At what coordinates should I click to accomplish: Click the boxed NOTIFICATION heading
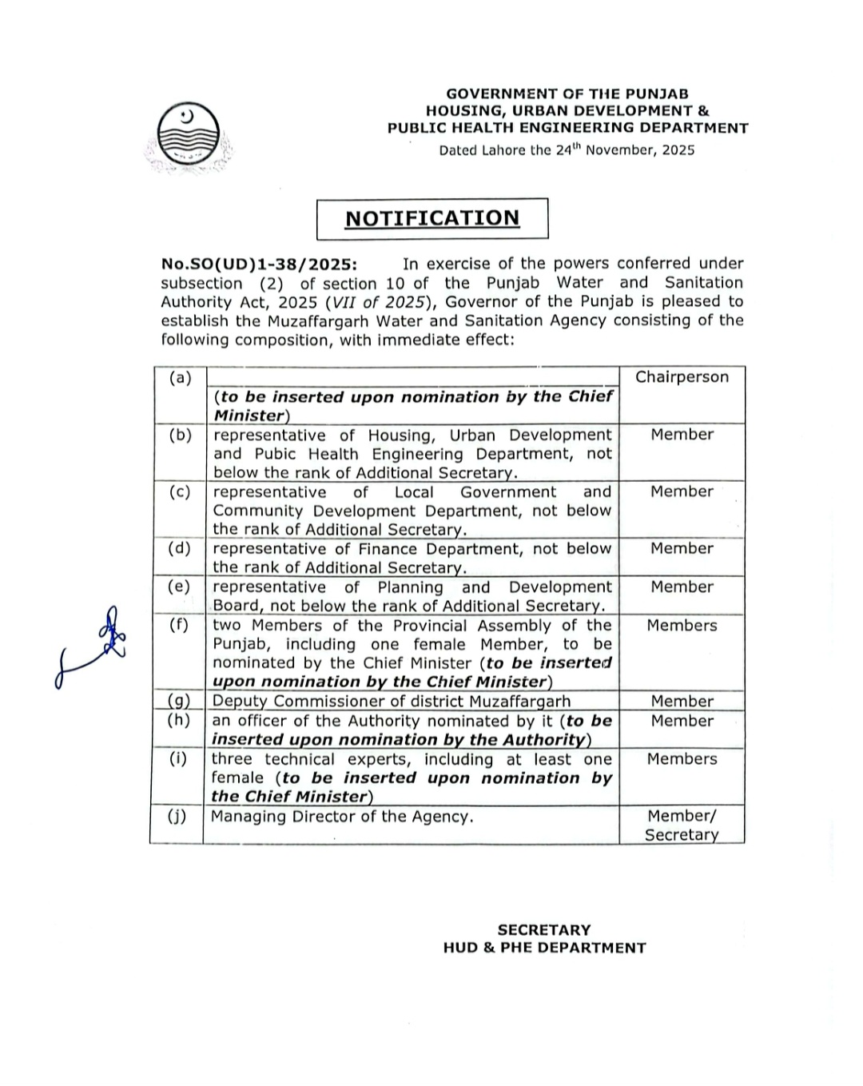pos(432,218)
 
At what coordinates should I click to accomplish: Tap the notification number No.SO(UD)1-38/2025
pos(259,265)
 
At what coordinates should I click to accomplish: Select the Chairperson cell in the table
pos(682,377)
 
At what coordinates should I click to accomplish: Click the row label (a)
pos(181,377)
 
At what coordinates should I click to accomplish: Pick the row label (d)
pos(180,548)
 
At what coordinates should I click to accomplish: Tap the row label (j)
pos(177,816)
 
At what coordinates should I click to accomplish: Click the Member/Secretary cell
pos(682,825)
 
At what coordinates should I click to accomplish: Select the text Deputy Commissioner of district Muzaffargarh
pos(391,702)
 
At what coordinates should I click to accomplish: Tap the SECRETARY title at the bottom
pos(544,930)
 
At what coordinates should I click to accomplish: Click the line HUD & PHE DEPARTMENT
pos(544,948)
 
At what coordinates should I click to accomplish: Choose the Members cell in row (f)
pos(682,626)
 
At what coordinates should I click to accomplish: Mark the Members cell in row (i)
pos(682,759)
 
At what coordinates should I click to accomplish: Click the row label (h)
pos(179,720)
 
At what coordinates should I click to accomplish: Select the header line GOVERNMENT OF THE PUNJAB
pos(567,93)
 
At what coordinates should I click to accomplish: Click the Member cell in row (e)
pos(682,587)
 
